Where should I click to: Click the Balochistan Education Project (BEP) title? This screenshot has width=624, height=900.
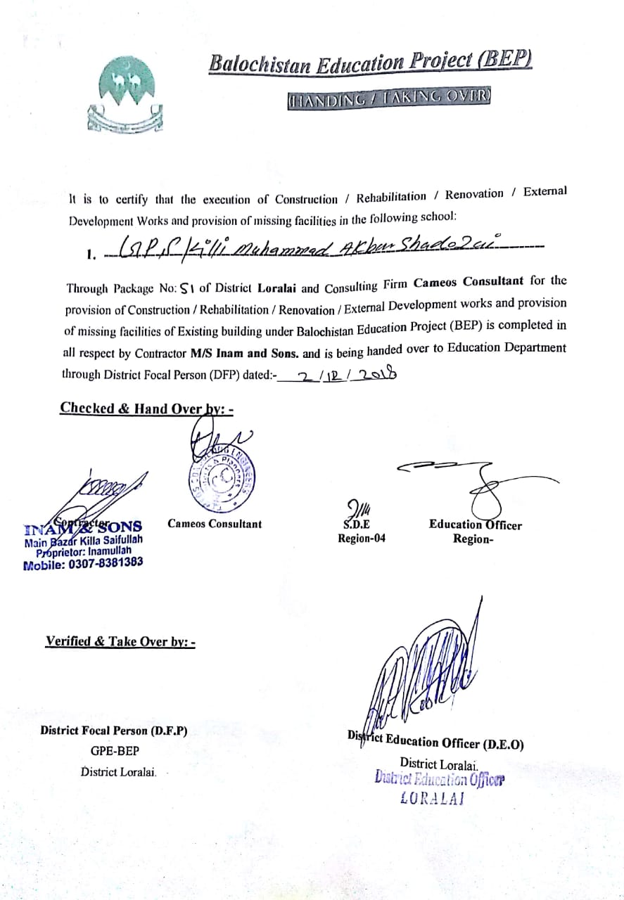(370, 63)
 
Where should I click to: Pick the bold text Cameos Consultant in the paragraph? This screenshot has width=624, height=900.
(468, 283)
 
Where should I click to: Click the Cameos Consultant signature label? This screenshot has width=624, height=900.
(214, 524)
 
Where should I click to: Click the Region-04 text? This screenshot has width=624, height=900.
(362, 539)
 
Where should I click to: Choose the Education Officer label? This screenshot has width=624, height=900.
(475, 525)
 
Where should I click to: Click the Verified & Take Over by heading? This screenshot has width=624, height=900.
(120, 641)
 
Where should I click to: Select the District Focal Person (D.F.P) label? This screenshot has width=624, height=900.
(114, 731)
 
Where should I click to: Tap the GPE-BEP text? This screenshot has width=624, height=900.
(115, 751)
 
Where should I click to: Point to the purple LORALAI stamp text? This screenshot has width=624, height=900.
(431, 798)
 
